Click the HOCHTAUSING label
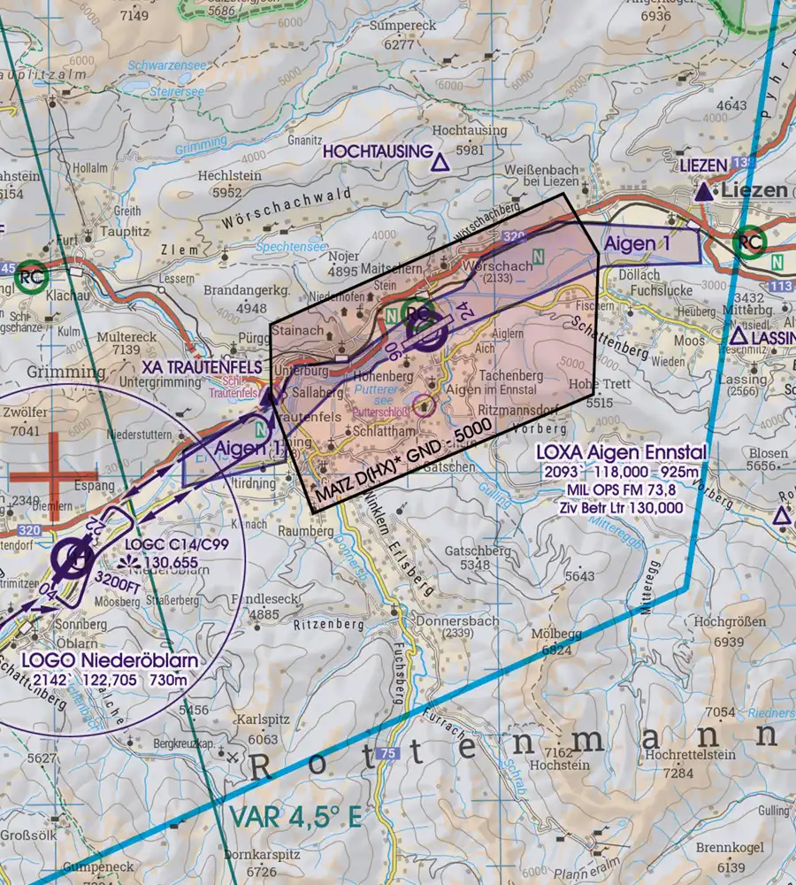377,152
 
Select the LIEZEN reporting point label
703,165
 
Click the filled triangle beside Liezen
703,191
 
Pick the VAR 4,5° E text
295,816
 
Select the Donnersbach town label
450,619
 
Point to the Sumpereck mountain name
403,27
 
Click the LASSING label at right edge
773,337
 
